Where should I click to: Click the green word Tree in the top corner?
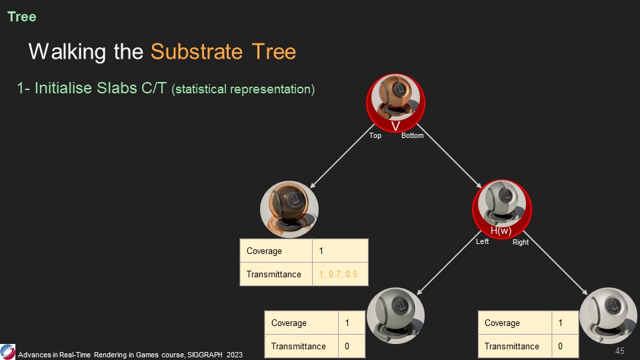(x=22, y=17)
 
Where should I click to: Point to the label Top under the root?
(x=375, y=136)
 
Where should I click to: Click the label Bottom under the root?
(x=413, y=136)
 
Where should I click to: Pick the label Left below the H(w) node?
(x=483, y=241)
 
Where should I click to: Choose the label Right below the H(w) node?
(x=521, y=242)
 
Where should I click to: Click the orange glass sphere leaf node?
(x=289, y=210)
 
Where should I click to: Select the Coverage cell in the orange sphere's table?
(x=265, y=251)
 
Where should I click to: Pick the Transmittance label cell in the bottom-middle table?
(x=299, y=346)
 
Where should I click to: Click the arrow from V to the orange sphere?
(x=338, y=161)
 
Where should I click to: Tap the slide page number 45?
(x=619, y=351)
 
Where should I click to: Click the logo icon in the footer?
(x=8, y=351)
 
